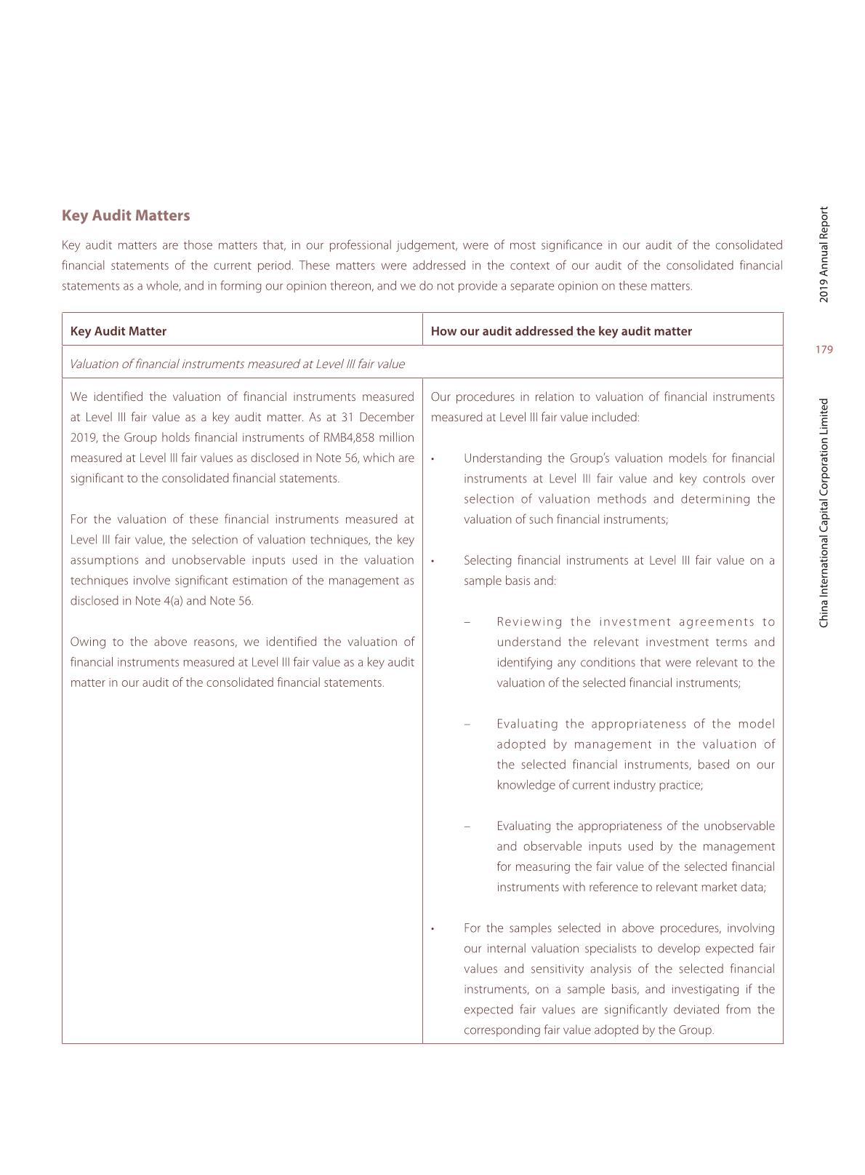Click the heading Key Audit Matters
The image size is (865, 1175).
point(126,215)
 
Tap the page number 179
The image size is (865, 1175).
point(824,350)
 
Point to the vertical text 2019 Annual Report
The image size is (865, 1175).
point(824,255)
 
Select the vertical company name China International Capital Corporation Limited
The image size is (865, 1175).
point(824,513)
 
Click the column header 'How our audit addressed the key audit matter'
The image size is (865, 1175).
point(561,331)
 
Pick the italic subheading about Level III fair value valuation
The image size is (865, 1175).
point(237,364)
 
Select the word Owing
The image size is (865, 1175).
point(88,642)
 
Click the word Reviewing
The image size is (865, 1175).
point(529,621)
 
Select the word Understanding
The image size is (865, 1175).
point(501,458)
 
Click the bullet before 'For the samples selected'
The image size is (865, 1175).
point(432,929)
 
